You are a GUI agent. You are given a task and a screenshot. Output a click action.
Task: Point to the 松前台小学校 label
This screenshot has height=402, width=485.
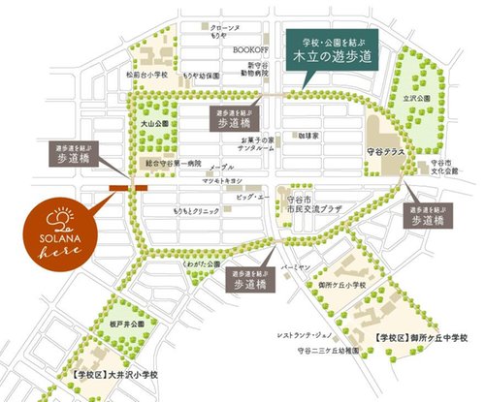(146, 73)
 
